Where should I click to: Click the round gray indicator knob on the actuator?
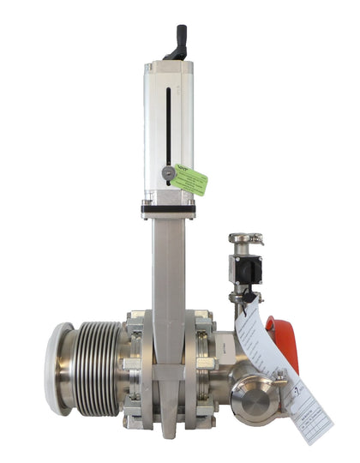coord(169,173)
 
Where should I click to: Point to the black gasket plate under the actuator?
coord(168,207)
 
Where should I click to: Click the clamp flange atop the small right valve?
coord(245,239)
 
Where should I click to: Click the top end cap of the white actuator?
coord(168,66)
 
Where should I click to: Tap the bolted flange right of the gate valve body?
coord(205,369)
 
